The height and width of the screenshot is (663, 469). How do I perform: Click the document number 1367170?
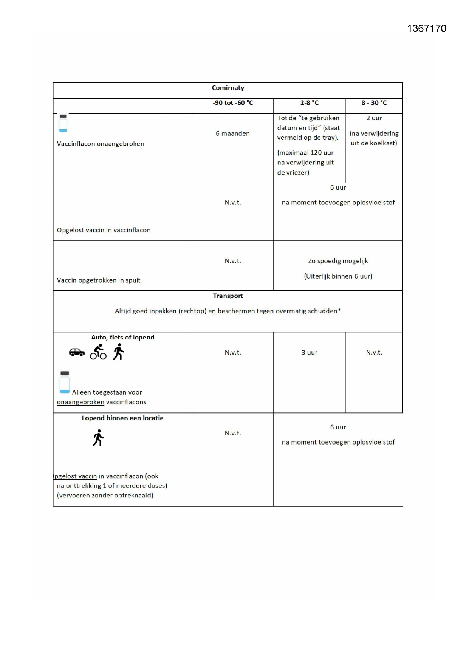coord(427,29)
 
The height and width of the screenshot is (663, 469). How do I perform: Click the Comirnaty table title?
coord(228,88)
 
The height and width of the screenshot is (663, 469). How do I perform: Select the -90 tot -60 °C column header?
coord(233,103)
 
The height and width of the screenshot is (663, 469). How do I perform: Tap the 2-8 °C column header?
coord(309,103)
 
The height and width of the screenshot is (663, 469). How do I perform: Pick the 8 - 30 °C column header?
coord(374,103)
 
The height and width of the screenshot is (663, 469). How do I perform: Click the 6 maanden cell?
coord(233,133)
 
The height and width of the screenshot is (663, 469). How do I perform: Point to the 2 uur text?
coord(374,118)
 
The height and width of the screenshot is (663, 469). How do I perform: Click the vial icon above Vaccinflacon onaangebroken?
coord(63,124)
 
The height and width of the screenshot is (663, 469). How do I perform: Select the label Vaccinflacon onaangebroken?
coord(101,144)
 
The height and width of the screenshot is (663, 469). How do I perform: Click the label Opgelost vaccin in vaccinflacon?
coord(104,230)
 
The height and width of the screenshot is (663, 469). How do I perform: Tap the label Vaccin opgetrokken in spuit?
coord(99,280)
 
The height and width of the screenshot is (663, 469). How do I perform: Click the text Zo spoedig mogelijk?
coord(338,261)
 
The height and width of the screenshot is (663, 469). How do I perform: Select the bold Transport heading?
coord(228,296)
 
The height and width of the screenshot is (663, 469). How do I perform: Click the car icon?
coord(77,352)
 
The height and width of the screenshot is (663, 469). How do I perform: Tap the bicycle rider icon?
coord(98,352)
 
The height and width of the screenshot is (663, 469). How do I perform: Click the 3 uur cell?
coord(309,353)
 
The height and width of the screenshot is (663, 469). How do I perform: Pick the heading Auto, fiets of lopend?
coord(122,337)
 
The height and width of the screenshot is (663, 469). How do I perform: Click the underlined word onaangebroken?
coord(80,402)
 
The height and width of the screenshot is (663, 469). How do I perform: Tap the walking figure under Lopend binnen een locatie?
coord(98,438)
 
